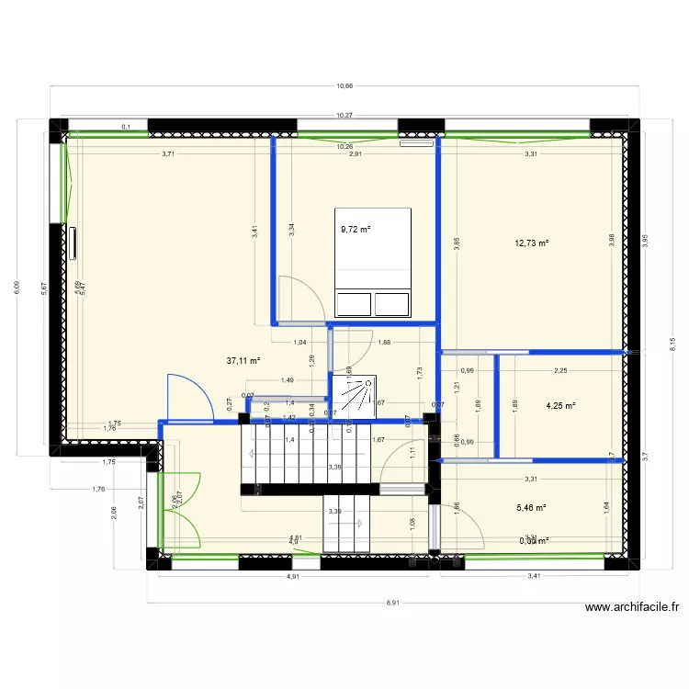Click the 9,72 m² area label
(x=355, y=230)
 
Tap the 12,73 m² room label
(x=532, y=243)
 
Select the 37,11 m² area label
(x=243, y=361)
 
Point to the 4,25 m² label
(x=560, y=405)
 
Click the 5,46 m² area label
(x=532, y=506)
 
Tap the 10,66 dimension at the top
(x=344, y=86)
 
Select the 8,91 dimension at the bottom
(x=392, y=603)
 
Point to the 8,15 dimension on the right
(x=672, y=336)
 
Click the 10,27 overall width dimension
(x=344, y=116)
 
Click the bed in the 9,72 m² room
(x=372, y=262)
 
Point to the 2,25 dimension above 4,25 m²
(x=560, y=371)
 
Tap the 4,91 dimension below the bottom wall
(x=292, y=577)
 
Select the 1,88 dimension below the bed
(x=384, y=343)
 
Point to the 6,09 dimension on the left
(x=16, y=288)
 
